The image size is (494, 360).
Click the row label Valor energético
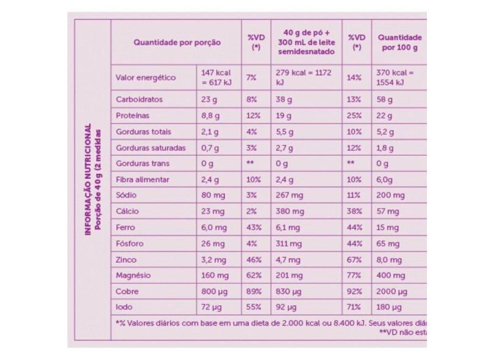[x=137, y=77]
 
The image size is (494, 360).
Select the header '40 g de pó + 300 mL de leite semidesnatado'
[x=307, y=42]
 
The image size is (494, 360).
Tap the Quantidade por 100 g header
[x=400, y=42]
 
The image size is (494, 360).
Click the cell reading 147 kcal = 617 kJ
[x=216, y=77]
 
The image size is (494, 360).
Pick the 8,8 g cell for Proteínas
[x=209, y=115]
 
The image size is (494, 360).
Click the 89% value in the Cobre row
[x=254, y=291]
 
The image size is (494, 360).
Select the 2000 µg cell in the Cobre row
[x=392, y=291]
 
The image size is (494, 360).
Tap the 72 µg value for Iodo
[x=210, y=307]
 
